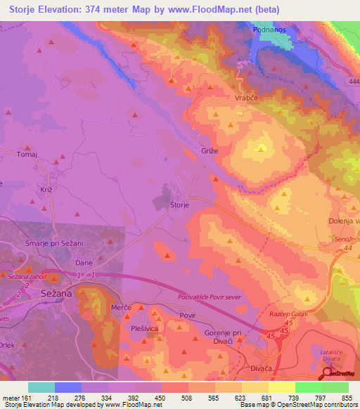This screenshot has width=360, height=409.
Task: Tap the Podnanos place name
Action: (271, 31)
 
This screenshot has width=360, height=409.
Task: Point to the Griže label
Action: (203, 150)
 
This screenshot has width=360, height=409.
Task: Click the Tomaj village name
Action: (27, 155)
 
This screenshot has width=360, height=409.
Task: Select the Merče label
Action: (122, 309)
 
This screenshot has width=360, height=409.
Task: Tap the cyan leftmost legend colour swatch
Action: (41, 387)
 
